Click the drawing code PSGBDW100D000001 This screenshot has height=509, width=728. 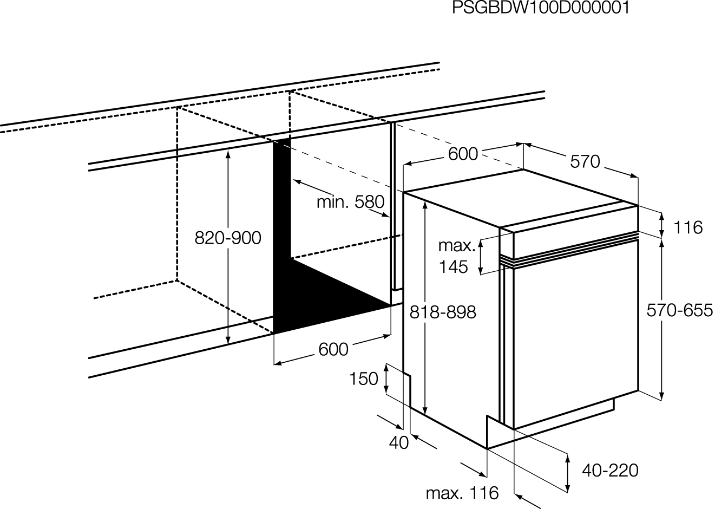(541, 8)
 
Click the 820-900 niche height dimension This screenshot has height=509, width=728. (228, 238)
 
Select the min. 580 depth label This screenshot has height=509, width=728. (350, 202)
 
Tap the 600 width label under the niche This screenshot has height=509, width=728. (333, 349)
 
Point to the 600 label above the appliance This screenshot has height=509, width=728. (463, 154)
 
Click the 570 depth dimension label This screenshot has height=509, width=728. (585, 161)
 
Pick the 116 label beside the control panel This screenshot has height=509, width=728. (688, 227)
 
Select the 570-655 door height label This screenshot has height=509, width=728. (680, 310)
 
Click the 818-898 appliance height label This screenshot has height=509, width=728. (443, 312)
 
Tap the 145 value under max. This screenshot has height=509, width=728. (454, 267)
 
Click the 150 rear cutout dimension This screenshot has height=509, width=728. (363, 379)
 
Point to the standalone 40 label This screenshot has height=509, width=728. (399, 442)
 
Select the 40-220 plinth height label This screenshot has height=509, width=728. (610, 471)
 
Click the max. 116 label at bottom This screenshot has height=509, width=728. (462, 493)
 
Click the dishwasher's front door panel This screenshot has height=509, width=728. (576, 335)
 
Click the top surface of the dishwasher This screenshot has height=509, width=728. (520, 198)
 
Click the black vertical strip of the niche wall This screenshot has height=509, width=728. (281, 201)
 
